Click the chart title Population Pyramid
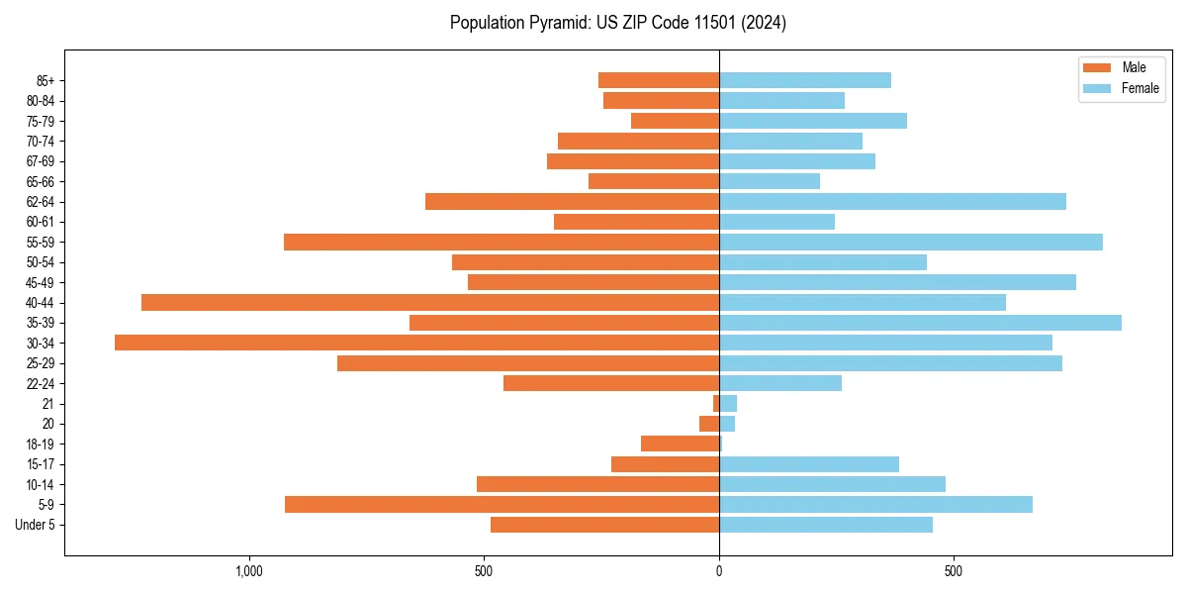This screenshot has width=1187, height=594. click(x=617, y=23)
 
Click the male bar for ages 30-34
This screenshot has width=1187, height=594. click(x=416, y=343)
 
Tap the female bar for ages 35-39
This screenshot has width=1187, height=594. click(x=920, y=323)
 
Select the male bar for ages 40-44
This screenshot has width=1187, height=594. click(x=430, y=302)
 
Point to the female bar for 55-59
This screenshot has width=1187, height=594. click(x=910, y=242)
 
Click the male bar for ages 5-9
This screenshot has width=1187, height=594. click(x=502, y=504)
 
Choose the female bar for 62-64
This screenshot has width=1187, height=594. click(x=892, y=201)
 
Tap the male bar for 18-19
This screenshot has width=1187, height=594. click(x=680, y=444)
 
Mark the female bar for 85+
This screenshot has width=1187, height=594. click(x=805, y=80)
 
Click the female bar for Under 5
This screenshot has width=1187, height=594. click(x=826, y=525)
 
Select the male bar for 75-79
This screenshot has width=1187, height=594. click(x=675, y=121)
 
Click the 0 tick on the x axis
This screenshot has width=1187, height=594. click(x=719, y=571)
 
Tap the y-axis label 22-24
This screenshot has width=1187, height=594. click(x=41, y=383)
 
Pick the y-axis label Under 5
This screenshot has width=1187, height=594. click(x=36, y=525)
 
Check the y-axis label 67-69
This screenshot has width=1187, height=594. click(x=41, y=161)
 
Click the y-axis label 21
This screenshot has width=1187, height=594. click(x=47, y=404)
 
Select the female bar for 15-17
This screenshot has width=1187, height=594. click(x=809, y=464)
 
